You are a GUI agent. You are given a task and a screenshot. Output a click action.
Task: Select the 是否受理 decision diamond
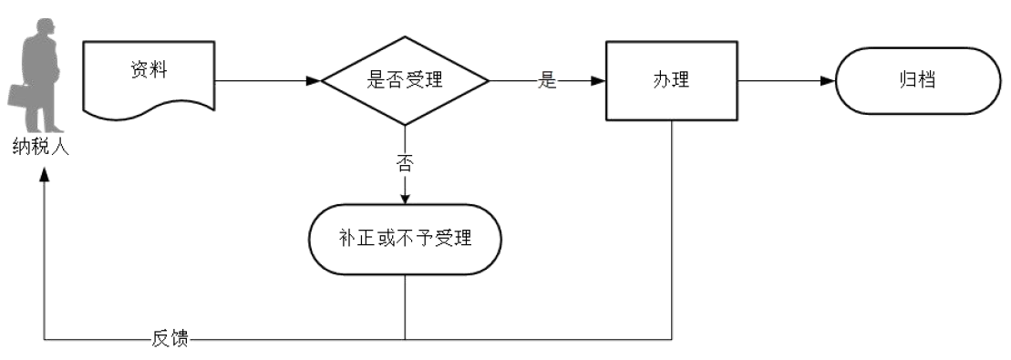tap(405, 80)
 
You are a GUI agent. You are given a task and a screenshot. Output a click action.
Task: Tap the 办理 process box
tap(672, 80)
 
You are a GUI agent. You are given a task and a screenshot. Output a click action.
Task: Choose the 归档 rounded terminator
tap(913, 80)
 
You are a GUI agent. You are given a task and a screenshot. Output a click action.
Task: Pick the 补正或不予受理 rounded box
tap(405, 239)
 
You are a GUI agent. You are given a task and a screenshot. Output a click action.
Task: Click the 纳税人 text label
tap(41, 148)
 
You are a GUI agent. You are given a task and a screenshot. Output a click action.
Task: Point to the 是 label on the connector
tap(547, 80)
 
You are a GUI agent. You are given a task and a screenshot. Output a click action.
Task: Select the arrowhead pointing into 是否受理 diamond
tap(313, 80)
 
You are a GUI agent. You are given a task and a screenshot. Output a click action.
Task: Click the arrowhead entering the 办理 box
tap(598, 80)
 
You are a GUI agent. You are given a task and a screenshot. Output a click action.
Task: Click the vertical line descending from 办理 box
tap(672, 228)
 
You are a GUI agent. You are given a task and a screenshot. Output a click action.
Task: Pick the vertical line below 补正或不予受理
tap(405, 306)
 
